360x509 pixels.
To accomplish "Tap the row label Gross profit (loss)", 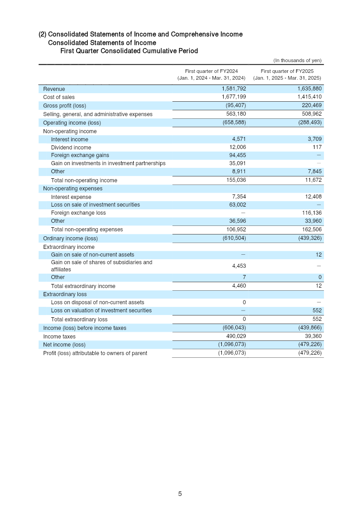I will pyautogui.click(x=64, y=106).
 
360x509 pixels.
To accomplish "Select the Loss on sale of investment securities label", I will pyautogui.click(x=95, y=205).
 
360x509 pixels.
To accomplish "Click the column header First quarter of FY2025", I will pyautogui.click(x=287, y=71).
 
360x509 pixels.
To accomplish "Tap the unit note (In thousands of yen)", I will pyautogui.click(x=297, y=60).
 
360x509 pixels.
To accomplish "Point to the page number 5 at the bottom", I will pyautogui.click(x=180, y=494).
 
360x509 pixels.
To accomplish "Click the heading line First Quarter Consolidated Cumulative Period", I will pyautogui.click(x=129, y=51).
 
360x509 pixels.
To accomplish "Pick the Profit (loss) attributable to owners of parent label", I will pyautogui.click(x=95, y=353).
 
